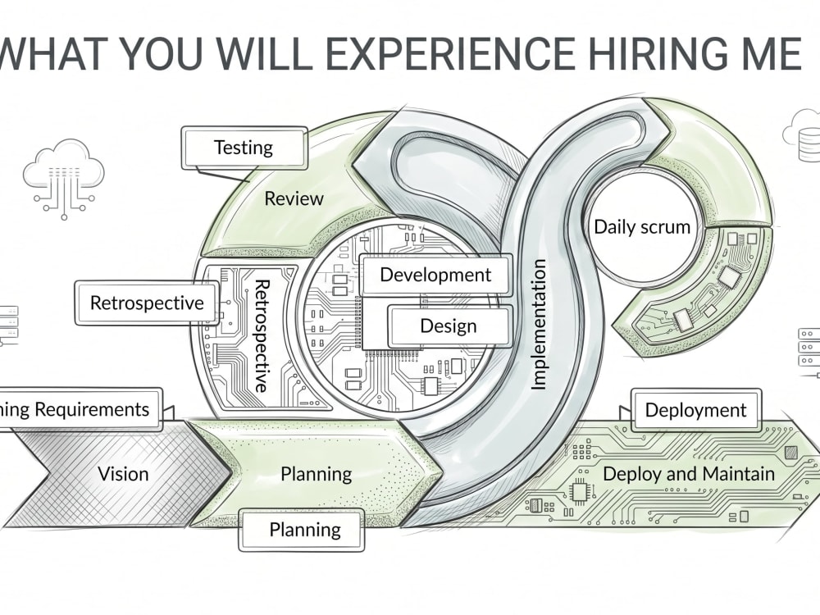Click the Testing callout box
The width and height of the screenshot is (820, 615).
point(244,148)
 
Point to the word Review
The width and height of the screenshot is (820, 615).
point(294,198)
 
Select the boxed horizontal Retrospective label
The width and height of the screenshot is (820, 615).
point(147,303)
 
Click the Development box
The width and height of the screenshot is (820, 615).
point(435,275)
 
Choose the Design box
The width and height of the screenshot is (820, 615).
point(449,326)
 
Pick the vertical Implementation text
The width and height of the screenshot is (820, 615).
point(538,325)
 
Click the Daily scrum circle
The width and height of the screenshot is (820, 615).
point(642,227)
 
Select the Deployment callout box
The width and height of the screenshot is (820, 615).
point(695,410)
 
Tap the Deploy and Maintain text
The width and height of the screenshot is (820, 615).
point(689,474)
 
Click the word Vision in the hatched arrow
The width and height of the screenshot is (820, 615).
point(124,474)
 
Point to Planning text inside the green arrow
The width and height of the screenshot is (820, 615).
point(316,474)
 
